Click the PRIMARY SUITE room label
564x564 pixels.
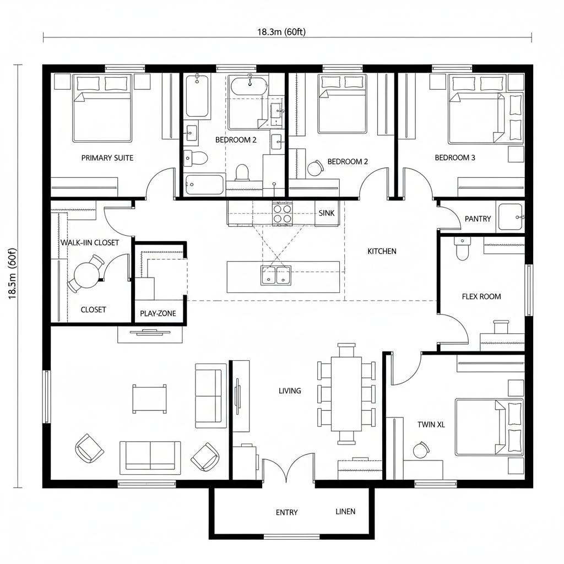[107, 158]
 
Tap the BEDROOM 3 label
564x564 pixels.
[455, 158]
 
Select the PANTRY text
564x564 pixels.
[478, 219]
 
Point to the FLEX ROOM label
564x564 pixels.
[481, 296]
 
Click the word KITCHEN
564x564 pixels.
[382, 251]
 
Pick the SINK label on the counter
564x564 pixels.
[325, 213]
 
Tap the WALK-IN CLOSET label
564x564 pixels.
[89, 242]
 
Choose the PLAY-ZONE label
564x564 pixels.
[158, 313]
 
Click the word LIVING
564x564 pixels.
[290, 391]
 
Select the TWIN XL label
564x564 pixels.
[430, 425]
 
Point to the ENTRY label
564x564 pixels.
[286, 512]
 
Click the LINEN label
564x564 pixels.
[345, 511]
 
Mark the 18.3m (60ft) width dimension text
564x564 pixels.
[281, 31]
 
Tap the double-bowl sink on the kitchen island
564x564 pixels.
[276, 274]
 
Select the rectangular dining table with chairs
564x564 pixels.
[346, 393]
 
